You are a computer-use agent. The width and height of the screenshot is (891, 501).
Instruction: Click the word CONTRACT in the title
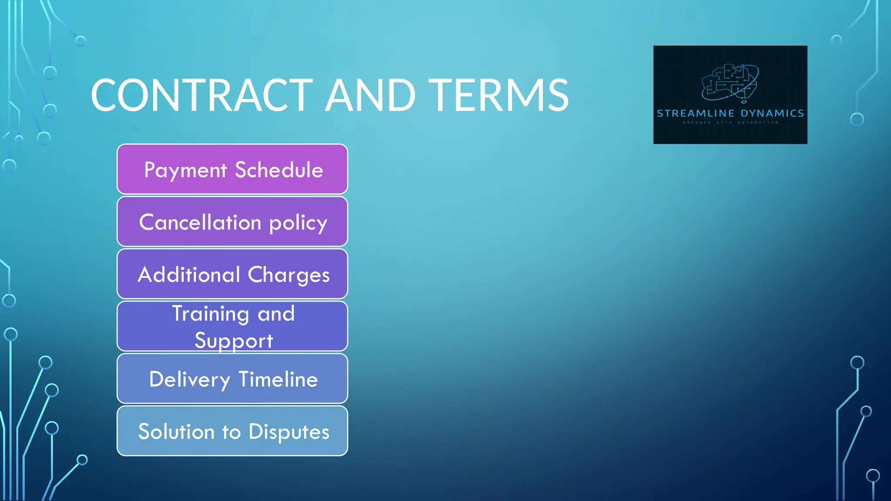(201, 95)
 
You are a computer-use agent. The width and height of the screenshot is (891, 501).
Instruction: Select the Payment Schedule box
(232, 169)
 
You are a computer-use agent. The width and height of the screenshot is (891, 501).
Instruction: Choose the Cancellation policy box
(232, 222)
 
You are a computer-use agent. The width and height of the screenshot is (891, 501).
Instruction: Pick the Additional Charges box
(232, 274)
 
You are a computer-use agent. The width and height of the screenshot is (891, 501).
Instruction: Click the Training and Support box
(232, 326)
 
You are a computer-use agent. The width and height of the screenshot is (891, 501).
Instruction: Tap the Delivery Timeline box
(232, 379)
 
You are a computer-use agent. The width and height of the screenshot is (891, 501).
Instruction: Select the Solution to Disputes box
(232, 431)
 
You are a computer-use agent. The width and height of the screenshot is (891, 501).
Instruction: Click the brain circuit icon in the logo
(730, 83)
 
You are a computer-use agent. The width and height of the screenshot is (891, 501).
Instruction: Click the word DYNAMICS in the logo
(772, 114)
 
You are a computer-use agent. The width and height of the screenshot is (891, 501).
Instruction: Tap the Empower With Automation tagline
(730, 123)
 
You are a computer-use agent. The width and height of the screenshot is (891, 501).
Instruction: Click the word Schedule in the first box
(279, 170)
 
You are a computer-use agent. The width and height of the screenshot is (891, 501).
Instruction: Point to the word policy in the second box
(298, 223)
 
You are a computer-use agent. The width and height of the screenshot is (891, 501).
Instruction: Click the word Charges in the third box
(288, 275)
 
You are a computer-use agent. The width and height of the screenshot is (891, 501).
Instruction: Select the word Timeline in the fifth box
(278, 379)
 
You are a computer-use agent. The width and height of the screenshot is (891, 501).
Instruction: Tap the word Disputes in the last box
(289, 432)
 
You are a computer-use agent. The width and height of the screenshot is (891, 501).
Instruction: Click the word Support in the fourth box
(234, 341)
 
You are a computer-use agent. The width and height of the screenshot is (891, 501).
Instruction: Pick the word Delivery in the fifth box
(189, 380)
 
